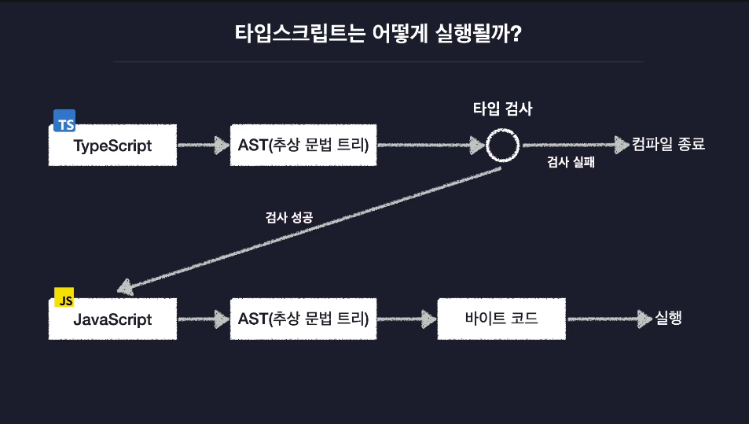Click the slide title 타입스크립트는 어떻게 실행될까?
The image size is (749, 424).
point(378,34)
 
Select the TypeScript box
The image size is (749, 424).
point(112,146)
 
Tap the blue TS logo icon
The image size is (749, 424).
point(64,120)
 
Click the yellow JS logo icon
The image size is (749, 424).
point(64,297)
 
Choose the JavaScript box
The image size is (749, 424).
point(112,319)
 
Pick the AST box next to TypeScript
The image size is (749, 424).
point(303,146)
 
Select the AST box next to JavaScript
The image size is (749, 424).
point(303,319)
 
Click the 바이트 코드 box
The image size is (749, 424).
point(501,319)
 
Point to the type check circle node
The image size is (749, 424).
point(502,130)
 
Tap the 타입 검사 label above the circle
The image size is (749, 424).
point(502,109)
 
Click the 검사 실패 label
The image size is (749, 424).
point(571,162)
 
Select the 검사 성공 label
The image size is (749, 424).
point(289,217)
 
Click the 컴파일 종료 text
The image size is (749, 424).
point(668,144)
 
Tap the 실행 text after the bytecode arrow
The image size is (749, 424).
point(668,318)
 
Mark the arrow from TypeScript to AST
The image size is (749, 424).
point(204,146)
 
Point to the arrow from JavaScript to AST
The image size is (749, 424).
point(204,319)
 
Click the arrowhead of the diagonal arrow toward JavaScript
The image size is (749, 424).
point(125,287)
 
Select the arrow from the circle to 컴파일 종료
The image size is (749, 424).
point(576,145)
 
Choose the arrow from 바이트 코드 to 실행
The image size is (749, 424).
point(610,319)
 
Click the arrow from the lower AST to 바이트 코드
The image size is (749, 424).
point(407,319)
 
